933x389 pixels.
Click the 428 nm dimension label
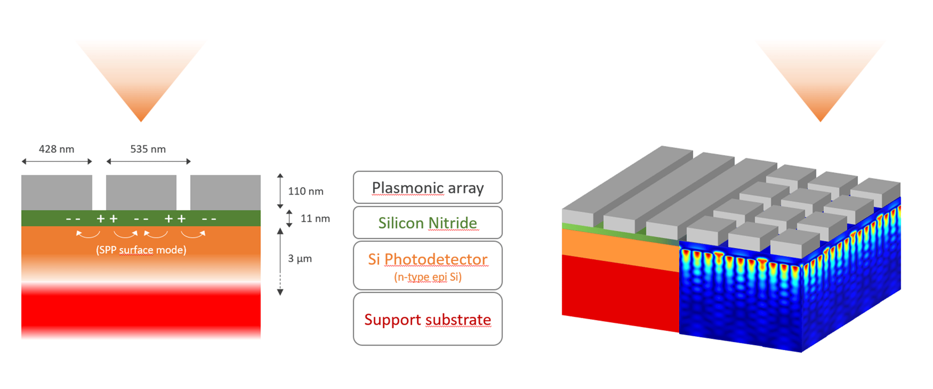tap(56, 149)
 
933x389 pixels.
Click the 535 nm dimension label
tap(148, 149)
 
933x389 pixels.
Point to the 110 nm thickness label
tap(306, 191)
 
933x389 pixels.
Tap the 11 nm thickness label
tap(315, 219)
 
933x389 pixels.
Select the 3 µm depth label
tap(299, 259)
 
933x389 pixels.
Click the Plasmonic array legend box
tap(427, 187)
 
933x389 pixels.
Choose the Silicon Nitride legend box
tap(427, 223)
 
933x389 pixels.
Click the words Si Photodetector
tap(427, 259)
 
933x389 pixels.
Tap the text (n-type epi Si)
tap(427, 277)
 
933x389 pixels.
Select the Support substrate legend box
tap(427, 319)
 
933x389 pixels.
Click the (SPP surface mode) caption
tap(141, 250)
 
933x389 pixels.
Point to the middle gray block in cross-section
tap(141, 192)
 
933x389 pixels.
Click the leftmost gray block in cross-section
tap(56, 192)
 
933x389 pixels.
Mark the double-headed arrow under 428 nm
tap(56, 162)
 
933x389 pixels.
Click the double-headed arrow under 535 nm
tap(148, 162)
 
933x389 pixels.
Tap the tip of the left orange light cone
tap(141, 120)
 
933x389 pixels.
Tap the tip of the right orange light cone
tap(820, 120)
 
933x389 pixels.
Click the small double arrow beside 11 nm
tap(289, 219)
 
